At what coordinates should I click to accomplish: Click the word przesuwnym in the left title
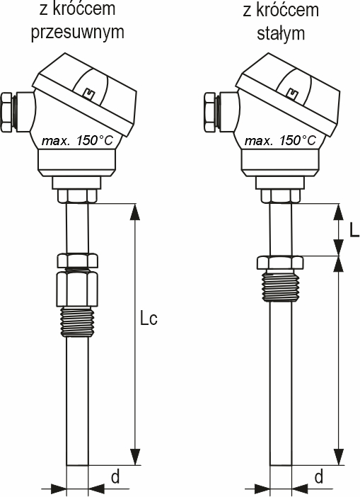pyautogui.click(x=78, y=33)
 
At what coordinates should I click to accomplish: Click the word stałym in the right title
pyautogui.click(x=281, y=33)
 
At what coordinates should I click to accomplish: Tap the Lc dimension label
pyautogui.click(x=149, y=319)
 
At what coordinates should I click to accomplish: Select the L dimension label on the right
pyautogui.click(x=354, y=230)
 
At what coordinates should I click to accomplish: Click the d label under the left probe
pyautogui.click(x=115, y=476)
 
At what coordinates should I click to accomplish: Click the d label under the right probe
pyautogui.click(x=318, y=476)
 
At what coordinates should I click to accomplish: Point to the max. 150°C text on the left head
pyautogui.click(x=78, y=140)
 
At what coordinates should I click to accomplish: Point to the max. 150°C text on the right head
pyautogui.click(x=281, y=140)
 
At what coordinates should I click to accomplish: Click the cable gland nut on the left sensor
pyautogui.click(x=8, y=112)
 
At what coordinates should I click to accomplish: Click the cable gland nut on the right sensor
pyautogui.click(x=211, y=112)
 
